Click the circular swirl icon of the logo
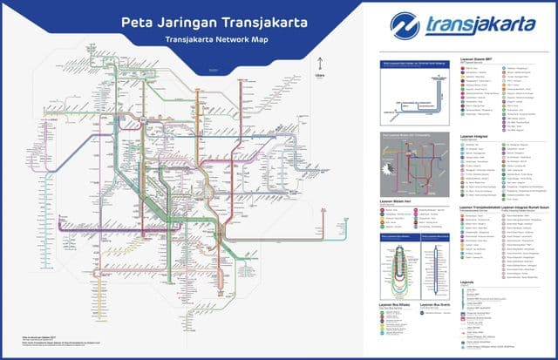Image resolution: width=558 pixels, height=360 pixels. click(x=406, y=24)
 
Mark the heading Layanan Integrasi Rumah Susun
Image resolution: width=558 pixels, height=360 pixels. click(x=507, y=207)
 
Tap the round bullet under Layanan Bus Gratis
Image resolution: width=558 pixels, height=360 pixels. click(x=423, y=315)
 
